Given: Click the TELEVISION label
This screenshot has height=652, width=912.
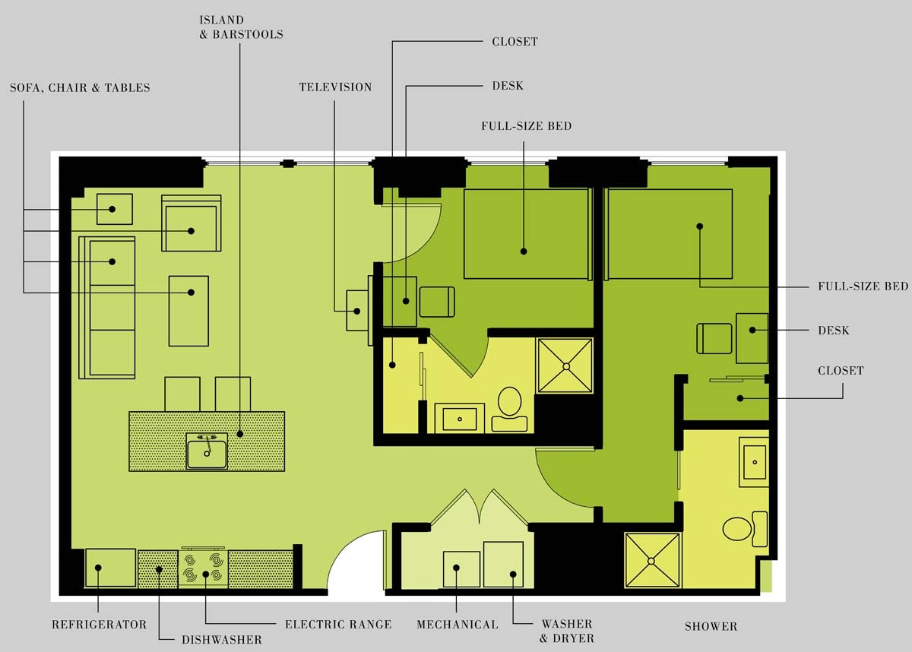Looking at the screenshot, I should click(x=335, y=87).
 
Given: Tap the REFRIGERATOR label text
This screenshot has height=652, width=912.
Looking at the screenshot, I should click(x=99, y=625).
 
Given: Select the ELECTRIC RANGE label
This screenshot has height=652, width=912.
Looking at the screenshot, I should click(x=338, y=625).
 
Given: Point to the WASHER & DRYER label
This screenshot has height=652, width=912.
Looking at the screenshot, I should click(x=566, y=631).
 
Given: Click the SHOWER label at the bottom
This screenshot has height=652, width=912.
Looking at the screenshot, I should click(x=711, y=627).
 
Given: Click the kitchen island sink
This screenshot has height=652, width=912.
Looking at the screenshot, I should click(x=207, y=451).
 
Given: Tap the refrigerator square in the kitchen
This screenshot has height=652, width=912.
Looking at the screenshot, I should click(x=110, y=568).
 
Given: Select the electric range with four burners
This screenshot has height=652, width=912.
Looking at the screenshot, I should click(x=204, y=568).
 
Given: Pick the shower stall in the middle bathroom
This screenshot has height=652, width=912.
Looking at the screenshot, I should click(x=565, y=366).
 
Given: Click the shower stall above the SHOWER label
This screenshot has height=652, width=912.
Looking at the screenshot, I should click(x=652, y=560).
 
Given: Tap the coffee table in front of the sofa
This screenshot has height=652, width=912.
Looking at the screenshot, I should click(x=188, y=310).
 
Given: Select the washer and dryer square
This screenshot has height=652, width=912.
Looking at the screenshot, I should click(x=503, y=564).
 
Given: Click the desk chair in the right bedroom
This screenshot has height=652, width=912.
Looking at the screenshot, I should click(x=714, y=338).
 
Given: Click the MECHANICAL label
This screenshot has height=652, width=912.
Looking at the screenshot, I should click(x=458, y=625).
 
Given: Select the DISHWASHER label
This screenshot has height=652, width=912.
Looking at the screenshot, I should click(x=221, y=640).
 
